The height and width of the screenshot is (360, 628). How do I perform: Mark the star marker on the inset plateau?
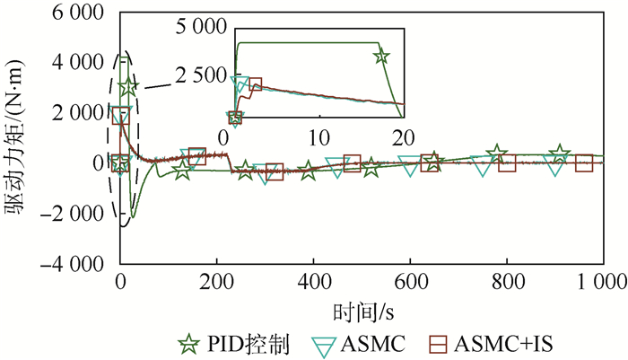pyautogui.click(x=381, y=57)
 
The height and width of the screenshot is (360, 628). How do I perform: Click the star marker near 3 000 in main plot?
pyautogui.click(x=129, y=87)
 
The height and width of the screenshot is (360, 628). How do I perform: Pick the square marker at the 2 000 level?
pyautogui.click(x=121, y=114)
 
